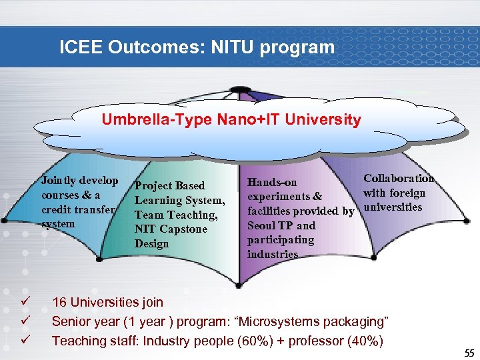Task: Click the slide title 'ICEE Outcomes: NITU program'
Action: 197,47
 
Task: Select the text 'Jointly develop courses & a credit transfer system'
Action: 79,202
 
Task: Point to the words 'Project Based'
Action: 169,185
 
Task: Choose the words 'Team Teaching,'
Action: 176,215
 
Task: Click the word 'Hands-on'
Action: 272,182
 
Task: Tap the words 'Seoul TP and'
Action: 281,225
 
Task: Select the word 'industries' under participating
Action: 273,255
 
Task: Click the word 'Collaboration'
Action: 398,178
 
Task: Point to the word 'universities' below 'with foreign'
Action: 393,207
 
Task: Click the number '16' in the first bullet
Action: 60,303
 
